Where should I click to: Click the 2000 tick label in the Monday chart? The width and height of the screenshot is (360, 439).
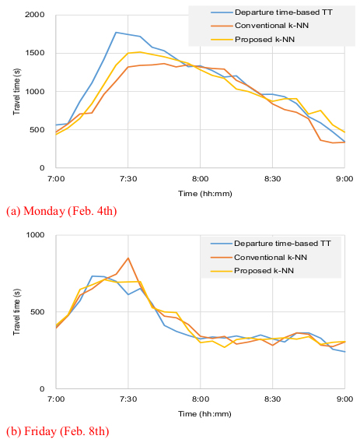click(x=34, y=15)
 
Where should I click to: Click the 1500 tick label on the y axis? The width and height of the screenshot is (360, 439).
click(x=35, y=53)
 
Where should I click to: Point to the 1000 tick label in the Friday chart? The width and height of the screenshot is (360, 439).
click(x=35, y=235)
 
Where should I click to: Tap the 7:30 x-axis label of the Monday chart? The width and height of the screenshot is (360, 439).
click(x=128, y=179)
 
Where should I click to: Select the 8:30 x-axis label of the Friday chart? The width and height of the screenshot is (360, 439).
click(x=272, y=399)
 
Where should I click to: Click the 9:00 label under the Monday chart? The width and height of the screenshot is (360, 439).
click(x=344, y=179)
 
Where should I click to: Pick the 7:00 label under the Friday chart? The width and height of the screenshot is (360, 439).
click(x=56, y=399)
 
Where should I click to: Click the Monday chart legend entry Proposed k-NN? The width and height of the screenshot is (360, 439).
click(x=264, y=40)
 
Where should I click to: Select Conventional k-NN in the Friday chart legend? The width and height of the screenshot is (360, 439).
click(x=271, y=258)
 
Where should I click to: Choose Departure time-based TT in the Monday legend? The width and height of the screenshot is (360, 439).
click(x=284, y=12)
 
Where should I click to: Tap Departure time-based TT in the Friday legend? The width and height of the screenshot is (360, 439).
click(x=282, y=244)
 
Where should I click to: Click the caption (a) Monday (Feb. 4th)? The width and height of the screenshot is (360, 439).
click(x=61, y=211)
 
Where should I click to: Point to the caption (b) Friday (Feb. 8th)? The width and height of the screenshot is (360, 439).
click(x=58, y=431)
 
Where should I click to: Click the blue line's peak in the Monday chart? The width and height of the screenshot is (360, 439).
click(x=116, y=33)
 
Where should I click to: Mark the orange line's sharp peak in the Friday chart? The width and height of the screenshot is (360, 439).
click(x=128, y=258)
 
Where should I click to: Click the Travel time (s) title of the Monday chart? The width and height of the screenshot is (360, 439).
click(x=17, y=92)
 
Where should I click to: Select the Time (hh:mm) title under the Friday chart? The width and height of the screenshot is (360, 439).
click(x=205, y=414)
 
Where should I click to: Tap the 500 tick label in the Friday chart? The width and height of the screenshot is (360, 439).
click(x=37, y=312)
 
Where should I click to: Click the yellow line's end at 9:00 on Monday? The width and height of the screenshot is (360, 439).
click(x=344, y=132)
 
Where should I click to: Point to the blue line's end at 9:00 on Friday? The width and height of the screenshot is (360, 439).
click(x=344, y=352)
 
